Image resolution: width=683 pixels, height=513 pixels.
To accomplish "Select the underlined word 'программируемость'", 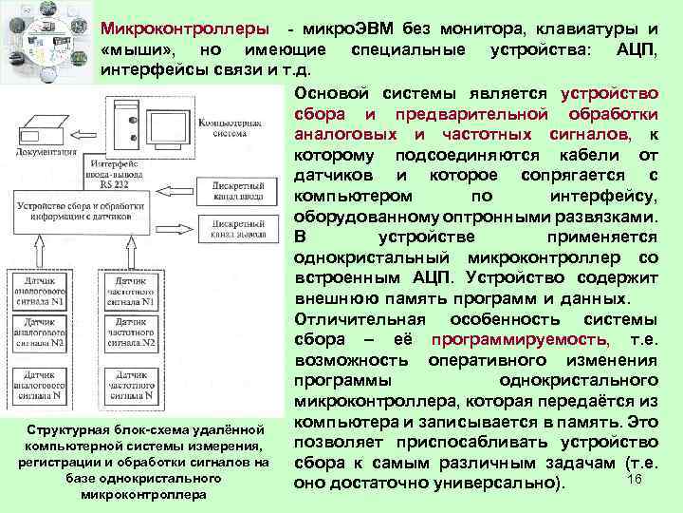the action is (x=518, y=340).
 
